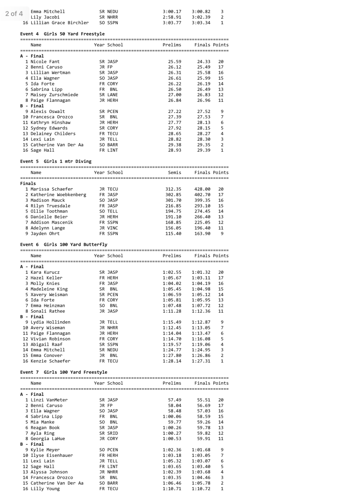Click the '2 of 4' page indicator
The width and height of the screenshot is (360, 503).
(14, 13)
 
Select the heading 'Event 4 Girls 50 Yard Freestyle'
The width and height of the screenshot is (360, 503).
(62, 34)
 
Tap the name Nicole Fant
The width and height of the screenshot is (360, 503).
(45, 62)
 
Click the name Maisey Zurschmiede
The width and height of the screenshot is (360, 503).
(54, 95)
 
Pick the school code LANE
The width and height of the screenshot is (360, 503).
(113, 95)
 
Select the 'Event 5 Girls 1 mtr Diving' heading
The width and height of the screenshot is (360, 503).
(56, 161)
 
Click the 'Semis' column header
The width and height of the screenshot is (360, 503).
(174, 173)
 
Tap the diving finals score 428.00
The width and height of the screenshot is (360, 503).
(202, 189)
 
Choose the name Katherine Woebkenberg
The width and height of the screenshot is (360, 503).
(58, 195)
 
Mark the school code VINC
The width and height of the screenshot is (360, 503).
(113, 228)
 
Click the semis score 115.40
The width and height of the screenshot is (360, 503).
(173, 233)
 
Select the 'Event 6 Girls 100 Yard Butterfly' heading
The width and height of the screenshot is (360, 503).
(63, 245)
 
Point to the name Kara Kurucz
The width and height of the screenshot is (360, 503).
(45, 272)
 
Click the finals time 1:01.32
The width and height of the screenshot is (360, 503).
(201, 272)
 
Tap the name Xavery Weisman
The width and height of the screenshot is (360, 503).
(49, 294)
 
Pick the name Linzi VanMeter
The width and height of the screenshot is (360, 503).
(49, 400)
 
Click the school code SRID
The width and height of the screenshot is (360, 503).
(113, 433)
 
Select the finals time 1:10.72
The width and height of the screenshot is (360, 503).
(201, 489)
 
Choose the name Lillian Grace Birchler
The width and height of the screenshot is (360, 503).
(60, 23)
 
